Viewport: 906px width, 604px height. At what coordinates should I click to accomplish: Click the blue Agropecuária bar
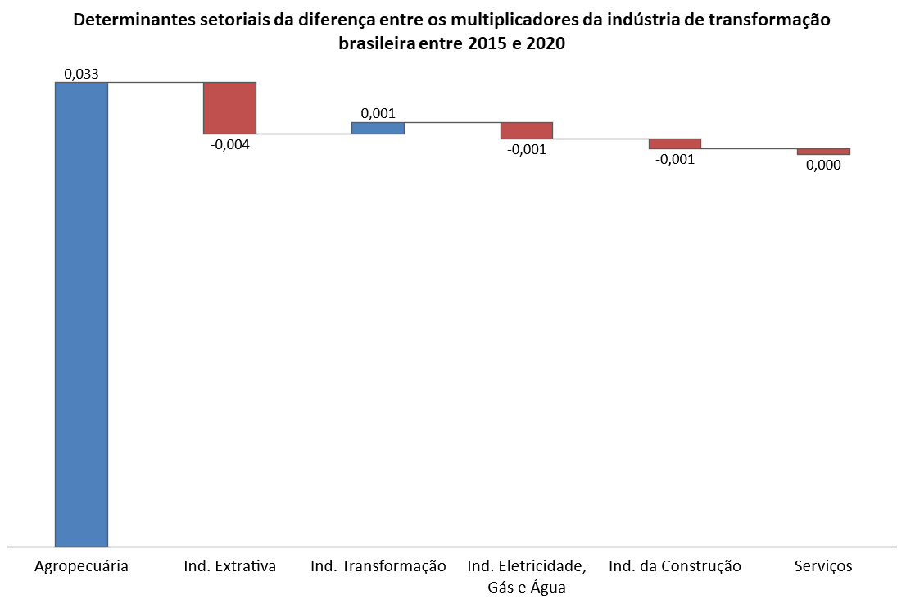[81, 315]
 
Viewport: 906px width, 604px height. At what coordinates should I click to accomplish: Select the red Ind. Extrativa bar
[229, 108]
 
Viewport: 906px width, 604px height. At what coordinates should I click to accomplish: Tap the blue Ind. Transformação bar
[378, 129]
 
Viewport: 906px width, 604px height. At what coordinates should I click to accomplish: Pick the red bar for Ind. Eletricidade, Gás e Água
[527, 130]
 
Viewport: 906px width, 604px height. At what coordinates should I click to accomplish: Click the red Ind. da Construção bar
[675, 144]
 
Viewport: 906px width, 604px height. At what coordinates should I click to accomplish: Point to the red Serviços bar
[823, 152]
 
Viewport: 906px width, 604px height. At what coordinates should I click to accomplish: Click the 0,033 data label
[81, 74]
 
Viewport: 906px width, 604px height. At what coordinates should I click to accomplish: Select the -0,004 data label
[230, 144]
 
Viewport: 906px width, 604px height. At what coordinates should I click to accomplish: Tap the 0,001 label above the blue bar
[378, 113]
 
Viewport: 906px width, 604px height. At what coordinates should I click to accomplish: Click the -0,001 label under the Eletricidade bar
[527, 150]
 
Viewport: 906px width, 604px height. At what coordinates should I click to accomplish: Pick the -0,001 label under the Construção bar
[675, 160]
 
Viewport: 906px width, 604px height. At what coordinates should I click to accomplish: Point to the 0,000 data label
[823, 166]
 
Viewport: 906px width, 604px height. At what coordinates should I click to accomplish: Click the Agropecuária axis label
[81, 565]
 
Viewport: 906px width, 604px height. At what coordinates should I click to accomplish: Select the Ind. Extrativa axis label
[230, 565]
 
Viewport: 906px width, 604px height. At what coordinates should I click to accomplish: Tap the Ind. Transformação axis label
[378, 565]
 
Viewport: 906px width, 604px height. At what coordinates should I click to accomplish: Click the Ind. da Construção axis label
[675, 565]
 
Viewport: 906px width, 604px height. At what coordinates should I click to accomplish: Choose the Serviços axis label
[823, 565]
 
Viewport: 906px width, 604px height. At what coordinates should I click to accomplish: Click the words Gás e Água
[527, 588]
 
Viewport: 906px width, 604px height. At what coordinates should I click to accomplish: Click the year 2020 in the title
[545, 43]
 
